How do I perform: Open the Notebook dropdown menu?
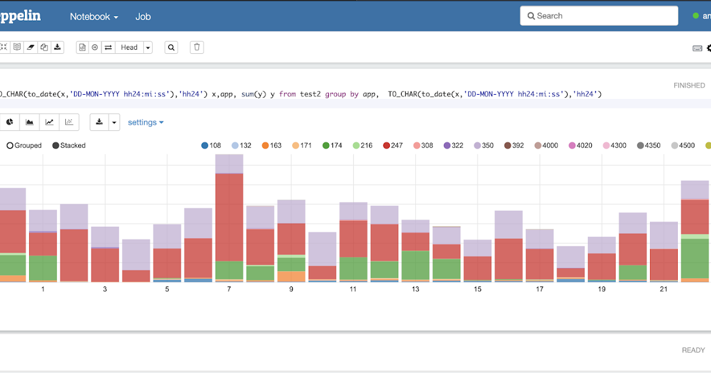click(x=94, y=17)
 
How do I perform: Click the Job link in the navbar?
click(x=143, y=17)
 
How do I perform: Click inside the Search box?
click(x=598, y=16)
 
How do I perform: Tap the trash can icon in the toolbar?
click(x=197, y=47)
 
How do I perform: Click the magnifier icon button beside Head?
click(x=171, y=47)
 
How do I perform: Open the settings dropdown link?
click(x=146, y=123)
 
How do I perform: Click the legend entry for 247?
click(x=392, y=145)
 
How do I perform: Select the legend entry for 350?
click(x=482, y=145)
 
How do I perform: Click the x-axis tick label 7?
click(x=229, y=290)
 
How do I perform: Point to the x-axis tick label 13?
click(x=415, y=290)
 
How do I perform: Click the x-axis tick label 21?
click(x=664, y=290)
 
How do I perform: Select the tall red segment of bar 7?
click(x=229, y=217)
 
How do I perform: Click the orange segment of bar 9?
click(x=291, y=276)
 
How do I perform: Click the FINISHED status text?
click(x=689, y=85)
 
